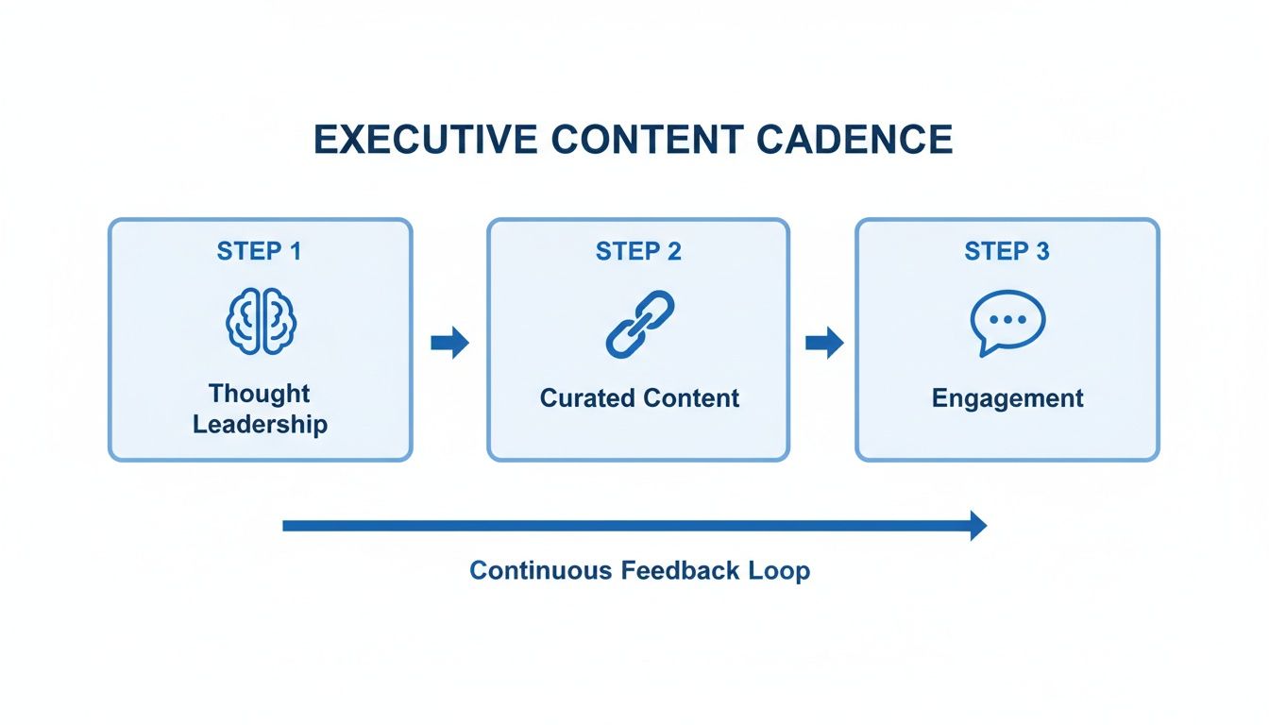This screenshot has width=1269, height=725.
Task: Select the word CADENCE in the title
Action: (854, 140)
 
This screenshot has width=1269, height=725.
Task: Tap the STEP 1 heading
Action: (260, 251)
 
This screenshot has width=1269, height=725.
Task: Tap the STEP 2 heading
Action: (638, 251)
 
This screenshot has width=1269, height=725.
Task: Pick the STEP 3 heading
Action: (1007, 251)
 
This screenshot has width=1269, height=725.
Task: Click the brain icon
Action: (261, 323)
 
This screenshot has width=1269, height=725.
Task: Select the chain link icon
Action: (639, 323)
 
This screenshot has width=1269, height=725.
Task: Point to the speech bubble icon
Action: (1007, 322)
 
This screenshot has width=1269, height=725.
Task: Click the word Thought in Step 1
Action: (260, 393)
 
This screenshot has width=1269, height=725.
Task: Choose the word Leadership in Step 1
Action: (260, 424)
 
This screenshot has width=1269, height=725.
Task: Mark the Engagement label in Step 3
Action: (1007, 398)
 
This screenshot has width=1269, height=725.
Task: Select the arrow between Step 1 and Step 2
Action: (449, 344)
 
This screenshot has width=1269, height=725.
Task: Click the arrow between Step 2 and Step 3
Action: (823, 344)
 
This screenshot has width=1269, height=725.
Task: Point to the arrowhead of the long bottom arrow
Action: (977, 525)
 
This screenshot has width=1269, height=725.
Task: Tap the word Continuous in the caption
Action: (541, 571)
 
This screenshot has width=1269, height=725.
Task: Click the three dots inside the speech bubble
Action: (1007, 319)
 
